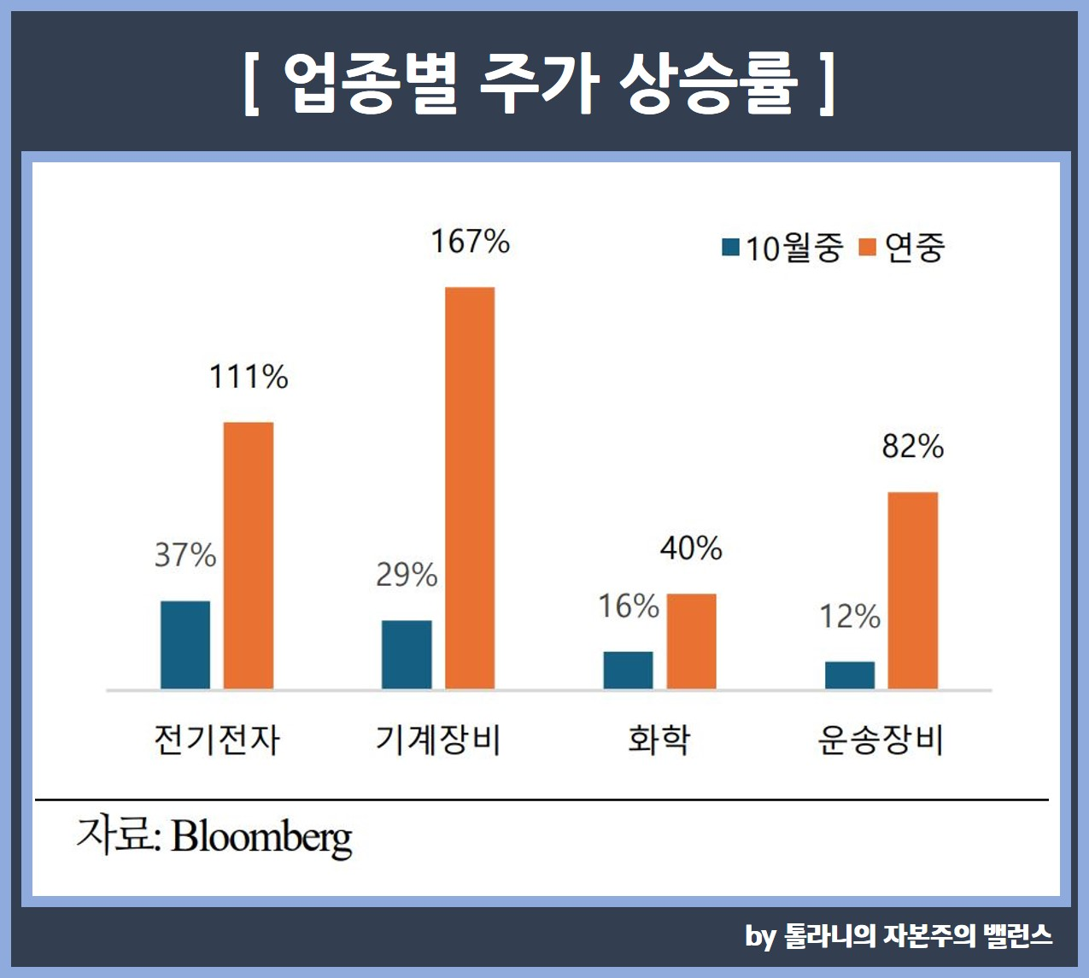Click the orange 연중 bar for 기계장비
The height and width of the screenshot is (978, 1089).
tap(470, 488)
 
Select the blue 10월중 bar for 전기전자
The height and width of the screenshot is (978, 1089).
tap(185, 645)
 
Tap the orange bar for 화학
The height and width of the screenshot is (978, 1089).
tap(691, 641)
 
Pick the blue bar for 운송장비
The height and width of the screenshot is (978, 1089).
tap(850, 675)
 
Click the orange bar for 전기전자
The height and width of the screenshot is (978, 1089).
tap(249, 555)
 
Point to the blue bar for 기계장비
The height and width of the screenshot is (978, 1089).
tap(407, 654)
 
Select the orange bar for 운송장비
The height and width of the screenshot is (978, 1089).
tap(913, 590)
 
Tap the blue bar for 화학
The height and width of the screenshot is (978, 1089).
tap(628, 670)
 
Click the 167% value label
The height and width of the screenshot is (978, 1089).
tap(470, 242)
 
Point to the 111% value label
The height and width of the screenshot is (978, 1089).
tap(249, 377)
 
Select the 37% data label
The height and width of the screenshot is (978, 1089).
tap(185, 555)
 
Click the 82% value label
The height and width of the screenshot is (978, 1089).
tap(913, 447)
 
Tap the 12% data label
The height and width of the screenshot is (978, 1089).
tap(850, 616)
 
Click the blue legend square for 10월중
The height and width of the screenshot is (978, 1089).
tap(730, 248)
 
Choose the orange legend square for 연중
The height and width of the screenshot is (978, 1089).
tap(868, 248)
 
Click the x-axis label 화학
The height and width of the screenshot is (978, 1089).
tap(659, 740)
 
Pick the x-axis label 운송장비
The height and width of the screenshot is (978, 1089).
tap(881, 740)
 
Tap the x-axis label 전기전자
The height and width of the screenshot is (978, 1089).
tap(217, 740)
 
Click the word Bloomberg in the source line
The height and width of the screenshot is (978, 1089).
tap(261, 837)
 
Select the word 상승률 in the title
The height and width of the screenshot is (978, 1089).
tap(708, 84)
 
